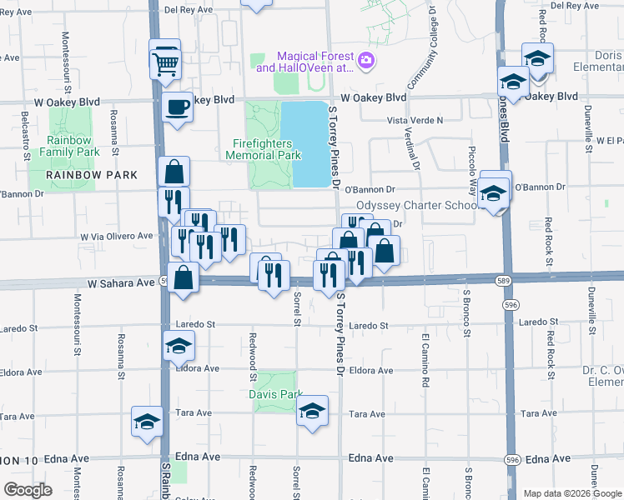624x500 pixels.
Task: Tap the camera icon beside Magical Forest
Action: coord(365,60)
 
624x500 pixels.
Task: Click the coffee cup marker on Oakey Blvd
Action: coord(177,107)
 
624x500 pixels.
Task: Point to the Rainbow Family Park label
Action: coord(74,146)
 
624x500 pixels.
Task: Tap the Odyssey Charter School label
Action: coord(416,206)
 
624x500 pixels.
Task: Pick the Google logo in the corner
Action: coord(28,490)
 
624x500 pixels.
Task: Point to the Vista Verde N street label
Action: coord(415,121)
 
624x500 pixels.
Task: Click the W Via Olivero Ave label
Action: coord(117,236)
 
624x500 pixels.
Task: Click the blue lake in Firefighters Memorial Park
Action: coord(303,143)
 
